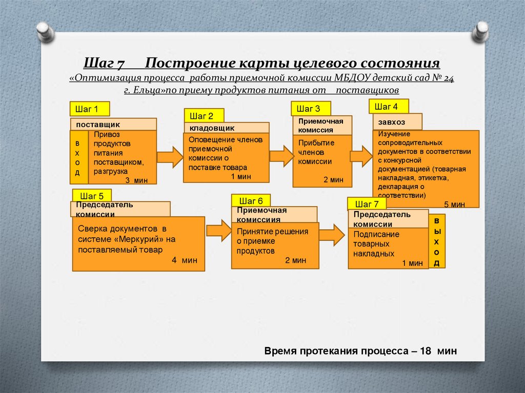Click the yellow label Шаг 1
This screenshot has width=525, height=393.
click(90, 109)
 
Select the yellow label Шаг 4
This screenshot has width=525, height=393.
click(389, 107)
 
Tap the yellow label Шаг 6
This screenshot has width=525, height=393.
click(251, 201)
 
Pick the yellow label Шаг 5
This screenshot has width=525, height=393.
click(92, 196)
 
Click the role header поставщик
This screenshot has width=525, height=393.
click(113, 124)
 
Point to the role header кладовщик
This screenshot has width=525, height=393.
click(226, 128)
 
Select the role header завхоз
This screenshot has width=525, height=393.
click(397, 122)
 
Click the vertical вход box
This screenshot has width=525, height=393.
click(78, 157)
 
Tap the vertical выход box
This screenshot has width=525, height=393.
click(437, 241)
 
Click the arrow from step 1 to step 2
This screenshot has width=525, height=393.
click(169, 157)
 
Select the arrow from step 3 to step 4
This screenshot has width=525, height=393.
click(361, 156)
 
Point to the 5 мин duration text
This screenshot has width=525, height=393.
click(454, 204)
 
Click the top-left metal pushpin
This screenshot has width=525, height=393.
click(45, 32)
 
